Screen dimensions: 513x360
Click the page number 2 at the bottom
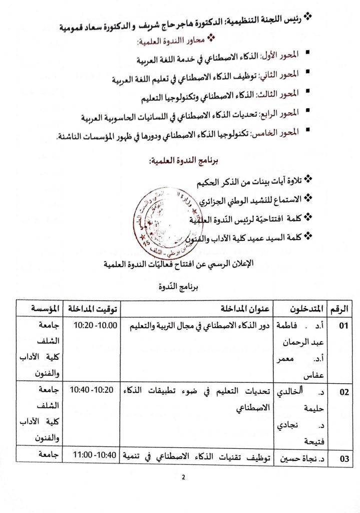[183, 476]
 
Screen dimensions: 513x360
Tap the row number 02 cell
[343, 392]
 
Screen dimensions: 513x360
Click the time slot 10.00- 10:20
[95, 326]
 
